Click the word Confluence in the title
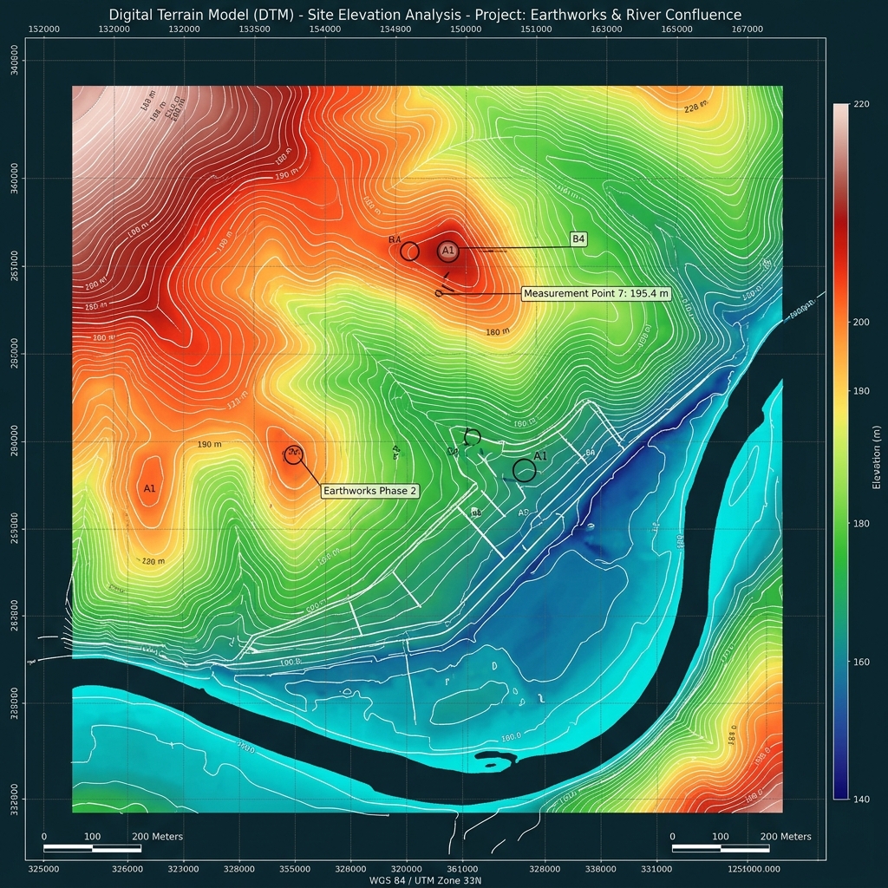[x=698, y=15]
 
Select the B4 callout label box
[x=578, y=238]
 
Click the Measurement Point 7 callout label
[x=597, y=294]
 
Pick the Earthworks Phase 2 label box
[x=370, y=491]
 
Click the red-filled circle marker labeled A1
[x=447, y=251]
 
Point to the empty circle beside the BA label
[x=410, y=251]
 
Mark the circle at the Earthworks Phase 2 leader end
[x=293, y=454]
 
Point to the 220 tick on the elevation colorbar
[x=861, y=104]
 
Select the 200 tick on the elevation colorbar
[x=861, y=322]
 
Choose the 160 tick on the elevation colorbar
[x=861, y=663]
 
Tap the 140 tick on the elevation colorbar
[x=861, y=798]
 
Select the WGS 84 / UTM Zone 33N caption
[x=424, y=880]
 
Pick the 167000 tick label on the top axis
[x=747, y=29]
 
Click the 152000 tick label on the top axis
[x=44, y=29]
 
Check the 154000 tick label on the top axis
[x=324, y=29]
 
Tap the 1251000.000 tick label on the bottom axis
[x=754, y=868]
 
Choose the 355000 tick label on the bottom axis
[x=295, y=868]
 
